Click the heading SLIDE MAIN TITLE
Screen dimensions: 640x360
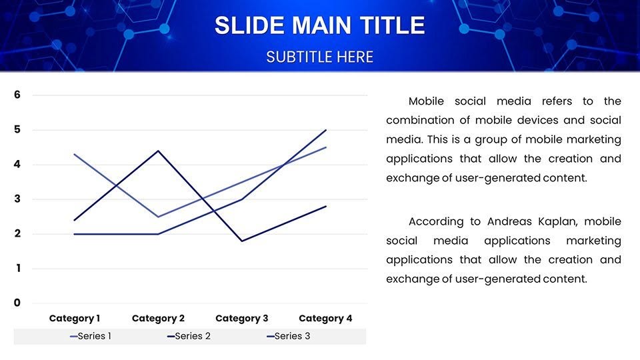point(319,25)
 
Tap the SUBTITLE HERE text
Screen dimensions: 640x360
point(319,57)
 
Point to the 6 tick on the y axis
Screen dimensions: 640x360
point(17,95)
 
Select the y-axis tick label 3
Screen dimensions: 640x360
point(17,199)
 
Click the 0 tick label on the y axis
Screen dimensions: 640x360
point(17,303)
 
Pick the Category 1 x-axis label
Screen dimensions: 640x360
point(75,319)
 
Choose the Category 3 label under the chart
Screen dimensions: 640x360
point(241,319)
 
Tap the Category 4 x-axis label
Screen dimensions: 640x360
point(325,319)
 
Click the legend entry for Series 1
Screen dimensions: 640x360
point(91,336)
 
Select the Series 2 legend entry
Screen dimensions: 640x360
point(189,336)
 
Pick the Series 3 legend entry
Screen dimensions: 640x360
point(288,336)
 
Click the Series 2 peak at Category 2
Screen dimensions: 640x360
point(158,151)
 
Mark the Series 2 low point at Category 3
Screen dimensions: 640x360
point(241,241)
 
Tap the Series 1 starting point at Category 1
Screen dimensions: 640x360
point(74,154)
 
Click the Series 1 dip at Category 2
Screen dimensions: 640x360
point(158,217)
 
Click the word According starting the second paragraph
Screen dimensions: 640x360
point(436,222)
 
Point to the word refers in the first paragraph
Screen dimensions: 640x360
point(557,101)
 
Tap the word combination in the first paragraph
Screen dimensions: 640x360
point(420,121)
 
